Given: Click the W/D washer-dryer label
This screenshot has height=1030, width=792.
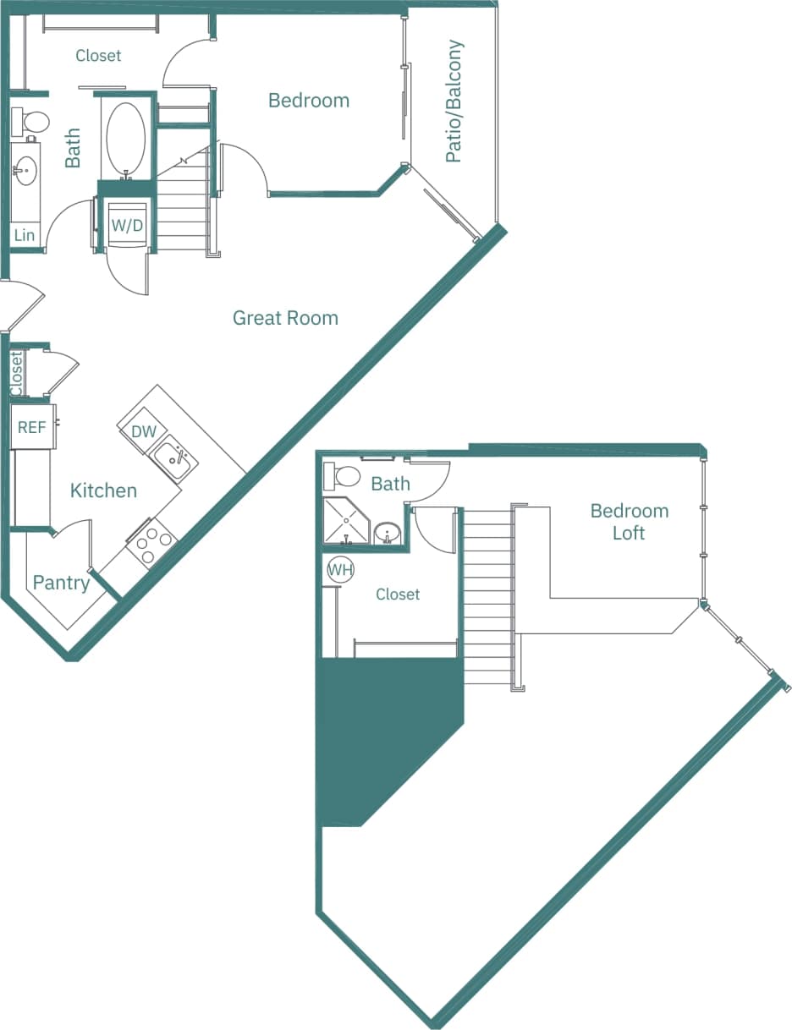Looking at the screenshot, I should [x=127, y=226].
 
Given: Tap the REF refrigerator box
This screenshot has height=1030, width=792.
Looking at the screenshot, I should [x=32, y=427].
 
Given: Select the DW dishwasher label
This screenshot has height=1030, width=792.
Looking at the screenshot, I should [x=144, y=431].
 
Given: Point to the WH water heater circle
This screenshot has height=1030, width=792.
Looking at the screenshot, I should [x=340, y=570].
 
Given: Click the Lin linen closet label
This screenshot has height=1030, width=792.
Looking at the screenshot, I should [x=25, y=235].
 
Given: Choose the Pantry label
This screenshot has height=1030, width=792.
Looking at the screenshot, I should [x=61, y=583].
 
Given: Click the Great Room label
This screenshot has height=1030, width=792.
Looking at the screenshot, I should [x=285, y=318].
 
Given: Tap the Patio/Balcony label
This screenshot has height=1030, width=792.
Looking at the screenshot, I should [x=454, y=101].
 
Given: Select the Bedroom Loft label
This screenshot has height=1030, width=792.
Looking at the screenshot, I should [x=630, y=522].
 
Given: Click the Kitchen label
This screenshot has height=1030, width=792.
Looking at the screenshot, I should [x=103, y=490].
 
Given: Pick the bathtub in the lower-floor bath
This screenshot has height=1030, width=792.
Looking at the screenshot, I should [x=126, y=138].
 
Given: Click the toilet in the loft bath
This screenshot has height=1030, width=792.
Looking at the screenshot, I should [x=343, y=476].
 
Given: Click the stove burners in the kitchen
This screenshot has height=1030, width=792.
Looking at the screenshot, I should [x=151, y=545].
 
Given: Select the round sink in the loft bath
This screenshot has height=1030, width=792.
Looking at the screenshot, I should [x=388, y=534].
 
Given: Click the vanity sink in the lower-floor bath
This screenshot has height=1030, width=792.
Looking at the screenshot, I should [x=25, y=171].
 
